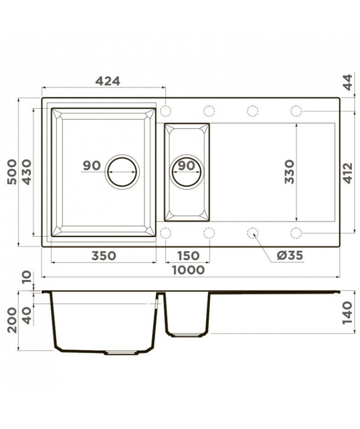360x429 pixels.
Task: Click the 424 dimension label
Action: click(x=107, y=81)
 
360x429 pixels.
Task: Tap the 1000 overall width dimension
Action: click(x=188, y=270)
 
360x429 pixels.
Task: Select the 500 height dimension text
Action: click(x=12, y=172)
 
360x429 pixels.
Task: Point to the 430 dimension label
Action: click(x=27, y=172)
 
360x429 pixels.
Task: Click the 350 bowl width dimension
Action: click(x=104, y=256)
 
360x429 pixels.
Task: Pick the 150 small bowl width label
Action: click(x=188, y=256)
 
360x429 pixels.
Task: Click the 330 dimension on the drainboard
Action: click(x=289, y=172)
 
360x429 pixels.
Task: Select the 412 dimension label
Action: click(x=348, y=173)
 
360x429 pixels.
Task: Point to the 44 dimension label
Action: click(x=348, y=82)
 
